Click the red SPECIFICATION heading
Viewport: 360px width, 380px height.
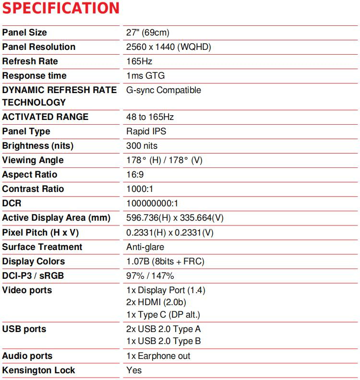[x=61, y=8]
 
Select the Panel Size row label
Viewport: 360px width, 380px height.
[x=24, y=33]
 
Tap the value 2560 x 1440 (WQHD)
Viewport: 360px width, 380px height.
[x=168, y=47]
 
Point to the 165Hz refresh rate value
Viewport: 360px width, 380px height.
[x=139, y=61]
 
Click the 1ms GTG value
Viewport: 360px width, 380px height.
[x=145, y=76]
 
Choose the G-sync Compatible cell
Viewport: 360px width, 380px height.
[x=164, y=90]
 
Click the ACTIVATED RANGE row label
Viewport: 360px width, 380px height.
[x=45, y=117]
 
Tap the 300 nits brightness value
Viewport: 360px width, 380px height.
[x=142, y=146]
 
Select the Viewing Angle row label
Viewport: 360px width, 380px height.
[x=33, y=160]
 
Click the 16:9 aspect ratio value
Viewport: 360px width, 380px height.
[x=135, y=175]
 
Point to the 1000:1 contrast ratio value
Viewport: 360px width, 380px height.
[x=140, y=189]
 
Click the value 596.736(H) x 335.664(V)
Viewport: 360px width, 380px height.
[x=175, y=218]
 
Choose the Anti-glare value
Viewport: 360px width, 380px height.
[x=145, y=247]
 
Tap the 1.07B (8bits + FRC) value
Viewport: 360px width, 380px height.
[x=165, y=261]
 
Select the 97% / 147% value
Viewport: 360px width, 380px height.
[x=150, y=276]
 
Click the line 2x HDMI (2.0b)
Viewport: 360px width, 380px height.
[x=156, y=302]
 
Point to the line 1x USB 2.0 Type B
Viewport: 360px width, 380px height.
[x=163, y=341]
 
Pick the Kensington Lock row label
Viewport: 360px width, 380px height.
[x=38, y=370]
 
